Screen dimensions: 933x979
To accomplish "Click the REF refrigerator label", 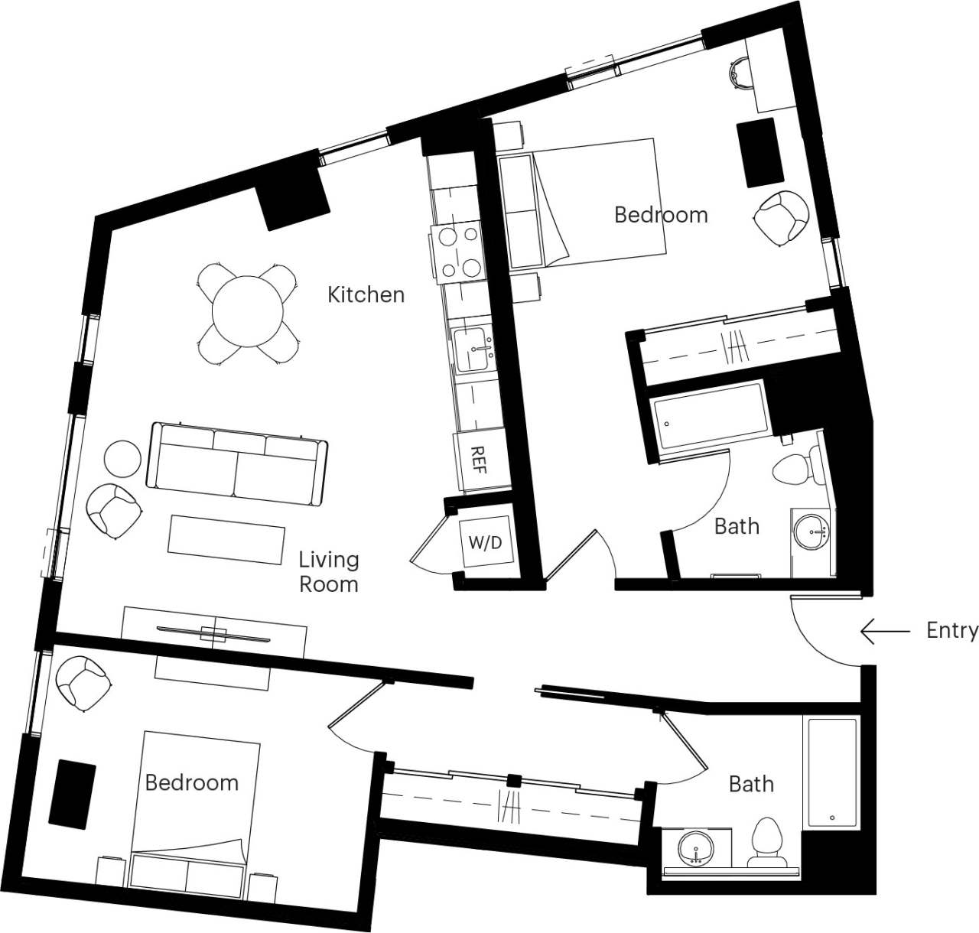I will tap(479, 460).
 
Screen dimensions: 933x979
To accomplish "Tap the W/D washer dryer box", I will tap(486, 543).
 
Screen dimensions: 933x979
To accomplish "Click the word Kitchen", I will tap(366, 294).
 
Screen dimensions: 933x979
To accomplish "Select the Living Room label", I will tap(328, 571).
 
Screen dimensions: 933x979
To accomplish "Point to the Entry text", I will tap(951, 630).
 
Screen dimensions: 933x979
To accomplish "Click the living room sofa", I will tap(236, 464).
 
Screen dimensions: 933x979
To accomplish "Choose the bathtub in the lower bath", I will tap(831, 773).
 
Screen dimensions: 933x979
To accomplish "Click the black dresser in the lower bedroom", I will tap(73, 793).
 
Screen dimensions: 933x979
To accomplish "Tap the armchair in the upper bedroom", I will tap(781, 218).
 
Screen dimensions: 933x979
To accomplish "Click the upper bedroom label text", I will tap(661, 215).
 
